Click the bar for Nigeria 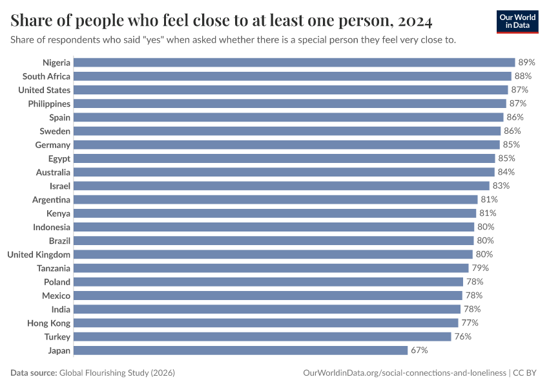294,63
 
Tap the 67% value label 419,350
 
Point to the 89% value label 526,63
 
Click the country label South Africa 47,76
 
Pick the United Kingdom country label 39,254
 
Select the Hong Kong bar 265,323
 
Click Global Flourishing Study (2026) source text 117,373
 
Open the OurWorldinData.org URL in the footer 404,373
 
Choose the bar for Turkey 262,337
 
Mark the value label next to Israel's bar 501,186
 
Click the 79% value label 480,268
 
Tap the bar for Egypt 284,158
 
